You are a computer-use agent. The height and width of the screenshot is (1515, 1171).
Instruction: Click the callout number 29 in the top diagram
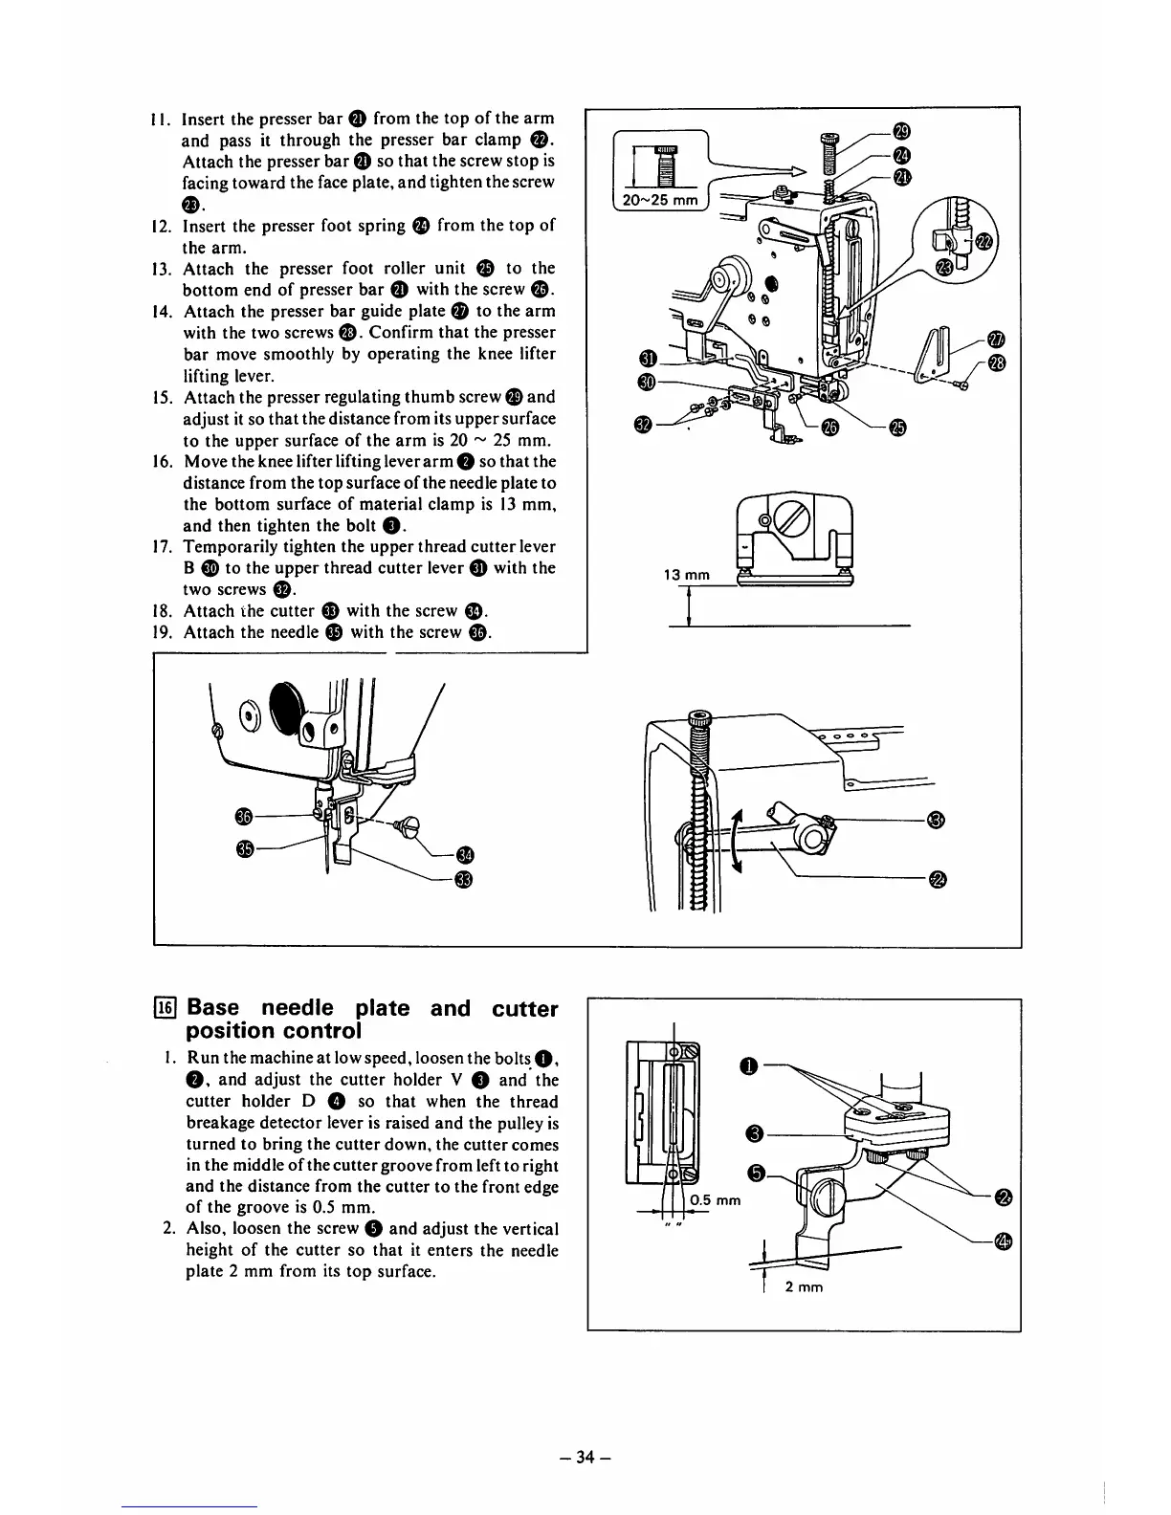[x=899, y=131]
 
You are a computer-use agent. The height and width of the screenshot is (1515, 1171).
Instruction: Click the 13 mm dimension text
[x=686, y=575]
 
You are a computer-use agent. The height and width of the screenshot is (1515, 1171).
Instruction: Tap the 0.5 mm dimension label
[x=715, y=1200]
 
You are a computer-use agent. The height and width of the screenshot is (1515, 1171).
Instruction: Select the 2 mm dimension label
[x=804, y=1286]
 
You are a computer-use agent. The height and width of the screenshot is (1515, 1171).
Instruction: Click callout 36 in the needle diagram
[x=244, y=815]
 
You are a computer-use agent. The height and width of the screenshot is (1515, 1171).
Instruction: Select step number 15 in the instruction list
[x=162, y=397]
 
